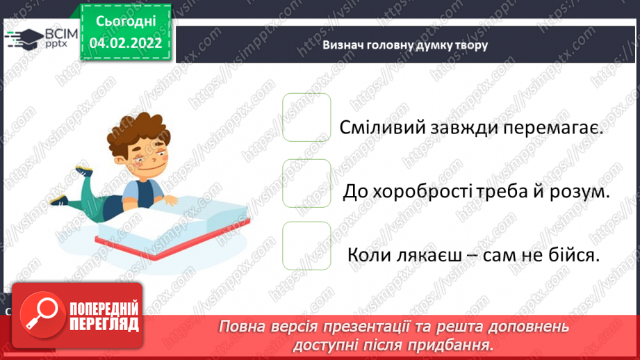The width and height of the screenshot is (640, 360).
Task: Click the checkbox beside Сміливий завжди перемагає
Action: pyautogui.click(x=306, y=117)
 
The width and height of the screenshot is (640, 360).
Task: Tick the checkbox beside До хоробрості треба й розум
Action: pyautogui.click(x=306, y=183)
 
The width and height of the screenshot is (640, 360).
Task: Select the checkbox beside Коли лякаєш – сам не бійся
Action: pyautogui.click(x=306, y=245)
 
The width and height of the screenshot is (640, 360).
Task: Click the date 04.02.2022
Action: pyautogui.click(x=125, y=42)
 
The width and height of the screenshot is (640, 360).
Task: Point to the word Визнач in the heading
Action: pyautogui.click(x=340, y=45)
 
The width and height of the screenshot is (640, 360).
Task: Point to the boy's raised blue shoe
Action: pyautogui.click(x=83, y=170)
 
